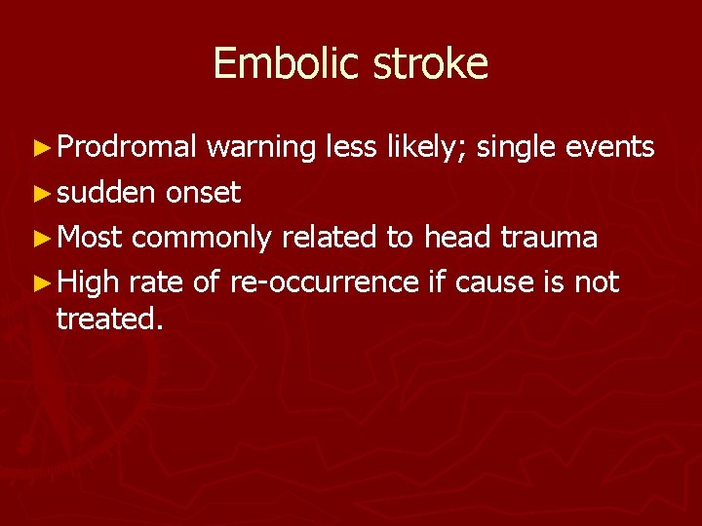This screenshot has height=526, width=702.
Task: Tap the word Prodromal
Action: [127, 148]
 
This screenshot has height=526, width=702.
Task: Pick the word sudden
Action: [105, 193]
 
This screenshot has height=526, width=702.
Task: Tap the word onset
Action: [203, 193]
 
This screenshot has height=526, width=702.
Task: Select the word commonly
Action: [202, 238]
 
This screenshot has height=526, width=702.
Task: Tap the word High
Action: [88, 282]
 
